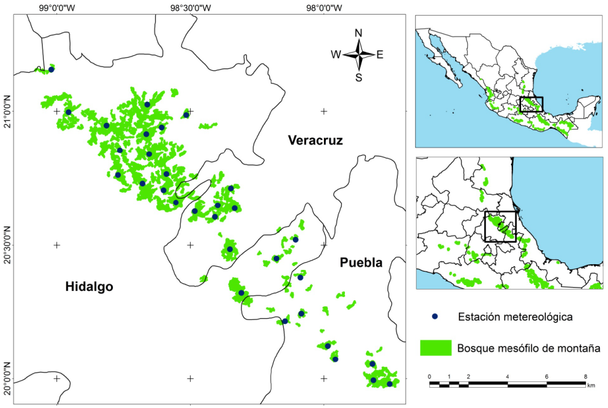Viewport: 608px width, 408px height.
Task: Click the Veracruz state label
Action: tap(314, 140)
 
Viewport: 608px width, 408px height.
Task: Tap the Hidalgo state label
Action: tap(89, 287)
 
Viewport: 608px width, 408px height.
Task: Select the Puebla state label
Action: tap(361, 262)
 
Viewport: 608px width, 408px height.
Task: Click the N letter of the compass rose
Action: tap(358, 34)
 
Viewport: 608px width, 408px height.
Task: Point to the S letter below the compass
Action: tap(358, 78)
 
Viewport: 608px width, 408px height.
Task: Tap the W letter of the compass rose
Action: tap(335, 54)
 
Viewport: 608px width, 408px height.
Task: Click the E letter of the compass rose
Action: tap(380, 54)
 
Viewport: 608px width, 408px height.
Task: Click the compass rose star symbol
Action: tap(358, 55)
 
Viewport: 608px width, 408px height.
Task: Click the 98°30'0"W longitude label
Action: tap(190, 8)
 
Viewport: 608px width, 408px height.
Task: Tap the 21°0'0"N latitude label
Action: tap(7, 112)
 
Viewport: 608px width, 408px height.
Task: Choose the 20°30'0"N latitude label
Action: tap(7, 245)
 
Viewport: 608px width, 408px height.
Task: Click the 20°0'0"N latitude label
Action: tap(7, 378)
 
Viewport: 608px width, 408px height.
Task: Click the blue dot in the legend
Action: tap(434, 316)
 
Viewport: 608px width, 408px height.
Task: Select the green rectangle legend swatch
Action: tap(436, 347)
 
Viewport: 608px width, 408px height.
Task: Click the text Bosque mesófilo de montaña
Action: tap(529, 348)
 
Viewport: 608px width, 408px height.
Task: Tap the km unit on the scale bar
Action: tap(591, 386)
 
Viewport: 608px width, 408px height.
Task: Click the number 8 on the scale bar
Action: tap(585, 376)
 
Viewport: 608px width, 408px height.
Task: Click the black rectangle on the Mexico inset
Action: tap(531, 105)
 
